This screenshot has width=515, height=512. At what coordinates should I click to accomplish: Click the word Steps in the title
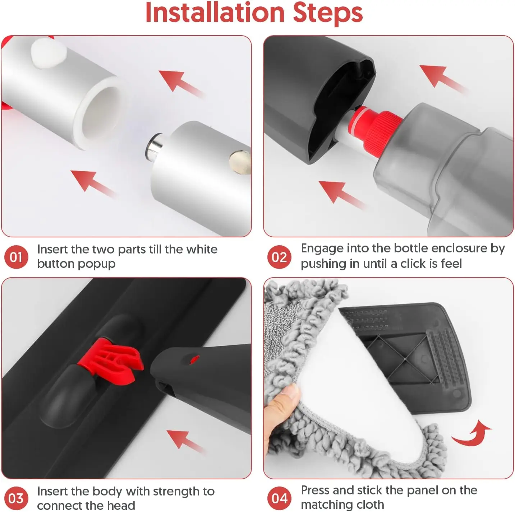(x=328, y=14)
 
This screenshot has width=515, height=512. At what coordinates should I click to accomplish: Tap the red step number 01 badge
(x=16, y=257)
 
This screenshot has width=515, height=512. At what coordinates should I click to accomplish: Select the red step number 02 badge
(x=279, y=257)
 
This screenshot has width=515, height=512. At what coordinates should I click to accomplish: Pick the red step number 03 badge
(x=16, y=498)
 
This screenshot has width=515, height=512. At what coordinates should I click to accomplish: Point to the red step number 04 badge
(x=279, y=498)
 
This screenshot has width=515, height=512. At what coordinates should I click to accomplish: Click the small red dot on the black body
(x=194, y=359)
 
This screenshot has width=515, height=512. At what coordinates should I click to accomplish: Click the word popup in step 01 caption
(x=96, y=265)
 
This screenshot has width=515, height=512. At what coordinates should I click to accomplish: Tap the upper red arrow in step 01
(x=181, y=83)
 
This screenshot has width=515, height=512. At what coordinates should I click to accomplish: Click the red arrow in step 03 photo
(x=186, y=441)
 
